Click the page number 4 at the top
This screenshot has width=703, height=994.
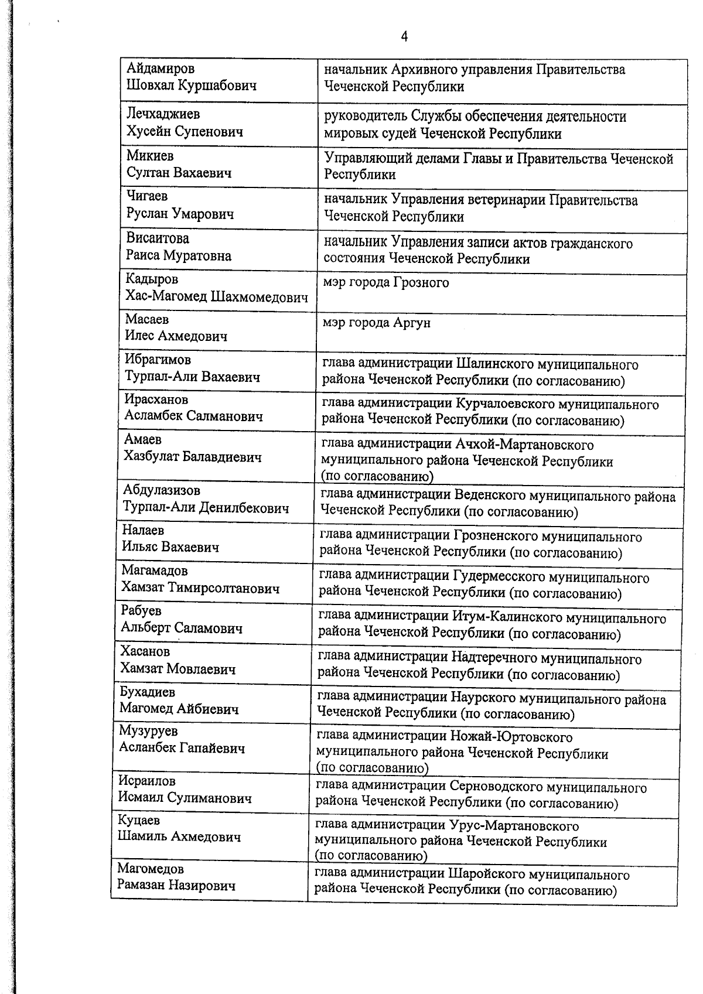(404, 37)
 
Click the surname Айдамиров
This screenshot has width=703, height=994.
(161, 69)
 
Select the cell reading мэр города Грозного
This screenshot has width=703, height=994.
(386, 283)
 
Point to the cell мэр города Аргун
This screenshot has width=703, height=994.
(377, 323)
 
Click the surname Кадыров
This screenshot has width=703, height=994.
(151, 279)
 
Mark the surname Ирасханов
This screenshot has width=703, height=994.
(156, 399)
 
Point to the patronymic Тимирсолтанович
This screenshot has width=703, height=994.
(224, 589)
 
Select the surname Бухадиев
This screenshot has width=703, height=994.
(147, 692)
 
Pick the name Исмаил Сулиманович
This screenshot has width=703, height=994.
(185, 798)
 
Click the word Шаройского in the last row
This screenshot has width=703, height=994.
(487, 875)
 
